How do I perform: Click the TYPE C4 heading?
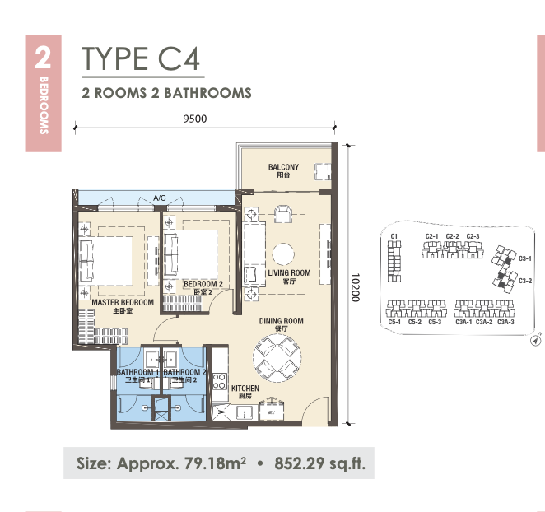[x=141, y=58]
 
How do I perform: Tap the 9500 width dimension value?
[x=195, y=119]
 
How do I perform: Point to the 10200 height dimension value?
[x=355, y=287]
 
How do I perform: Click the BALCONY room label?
[x=283, y=167]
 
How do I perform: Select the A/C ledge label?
[x=160, y=198]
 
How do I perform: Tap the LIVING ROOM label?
[x=289, y=272]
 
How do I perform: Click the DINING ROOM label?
[x=282, y=321]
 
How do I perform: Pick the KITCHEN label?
[x=245, y=388]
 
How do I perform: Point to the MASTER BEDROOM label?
[x=123, y=302]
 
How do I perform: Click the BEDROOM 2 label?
[x=203, y=284]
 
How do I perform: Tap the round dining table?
[x=277, y=358]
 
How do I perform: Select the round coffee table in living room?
[x=283, y=254]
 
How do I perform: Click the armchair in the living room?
[x=283, y=214]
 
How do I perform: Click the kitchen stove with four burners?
[x=220, y=381]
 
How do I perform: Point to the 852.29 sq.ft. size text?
[x=319, y=463]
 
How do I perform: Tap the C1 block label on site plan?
[x=394, y=236]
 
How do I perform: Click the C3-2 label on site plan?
[x=525, y=281]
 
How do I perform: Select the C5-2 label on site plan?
[x=415, y=322]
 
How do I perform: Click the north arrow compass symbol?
[x=536, y=340]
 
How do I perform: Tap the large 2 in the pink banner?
[x=43, y=58]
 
